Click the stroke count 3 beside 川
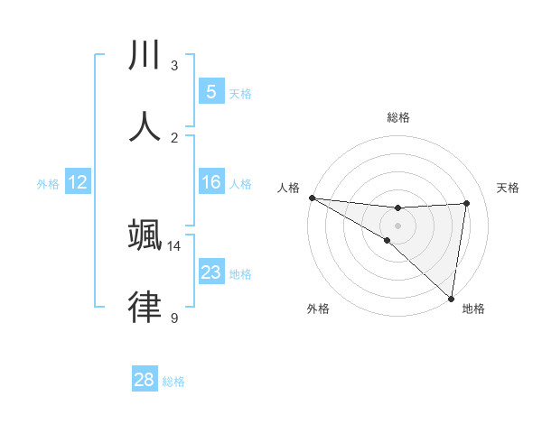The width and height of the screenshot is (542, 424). pos(173,65)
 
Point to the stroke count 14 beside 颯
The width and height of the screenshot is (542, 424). pos(173,245)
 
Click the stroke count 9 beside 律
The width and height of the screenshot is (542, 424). pos(173,318)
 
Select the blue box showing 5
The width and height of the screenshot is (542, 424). pos(210,91)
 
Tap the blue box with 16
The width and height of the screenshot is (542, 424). pos(210,182)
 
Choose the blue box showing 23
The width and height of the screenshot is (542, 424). pos(210,272)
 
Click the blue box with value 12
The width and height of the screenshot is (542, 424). pos(78,182)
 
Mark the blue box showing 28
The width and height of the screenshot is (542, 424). pos(145,380)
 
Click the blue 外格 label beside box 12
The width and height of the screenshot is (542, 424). pos(48,184)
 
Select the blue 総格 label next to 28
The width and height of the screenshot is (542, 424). pos(173,382)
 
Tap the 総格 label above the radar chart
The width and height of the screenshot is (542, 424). pos(397,117)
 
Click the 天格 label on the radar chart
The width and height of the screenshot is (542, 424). pos(508,188)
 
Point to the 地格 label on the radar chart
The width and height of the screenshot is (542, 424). pos(473,309)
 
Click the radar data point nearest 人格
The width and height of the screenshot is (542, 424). pos(312,198)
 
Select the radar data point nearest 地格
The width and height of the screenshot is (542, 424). pos(450,298)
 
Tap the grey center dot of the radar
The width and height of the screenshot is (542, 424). pos(397,225)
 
